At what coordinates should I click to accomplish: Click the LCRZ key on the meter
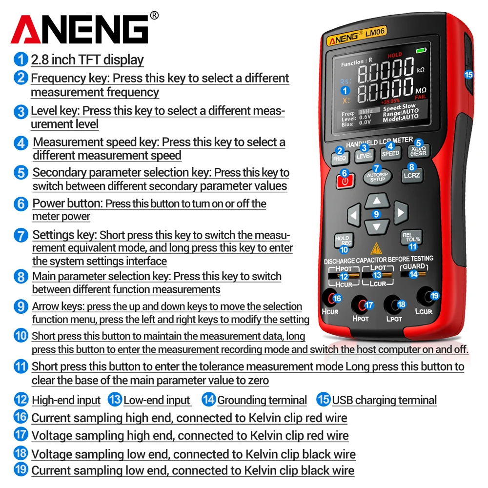(x=411, y=175)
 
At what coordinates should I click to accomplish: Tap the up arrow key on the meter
(x=376, y=201)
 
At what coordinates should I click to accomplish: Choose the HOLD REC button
(x=343, y=241)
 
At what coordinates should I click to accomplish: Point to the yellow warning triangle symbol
(x=376, y=249)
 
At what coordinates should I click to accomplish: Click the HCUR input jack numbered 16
(x=334, y=299)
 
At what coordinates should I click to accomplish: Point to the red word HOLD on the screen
(x=395, y=55)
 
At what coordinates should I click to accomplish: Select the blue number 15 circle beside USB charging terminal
(x=323, y=400)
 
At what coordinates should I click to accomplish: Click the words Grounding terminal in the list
(x=262, y=401)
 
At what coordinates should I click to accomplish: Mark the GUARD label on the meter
(x=413, y=266)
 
